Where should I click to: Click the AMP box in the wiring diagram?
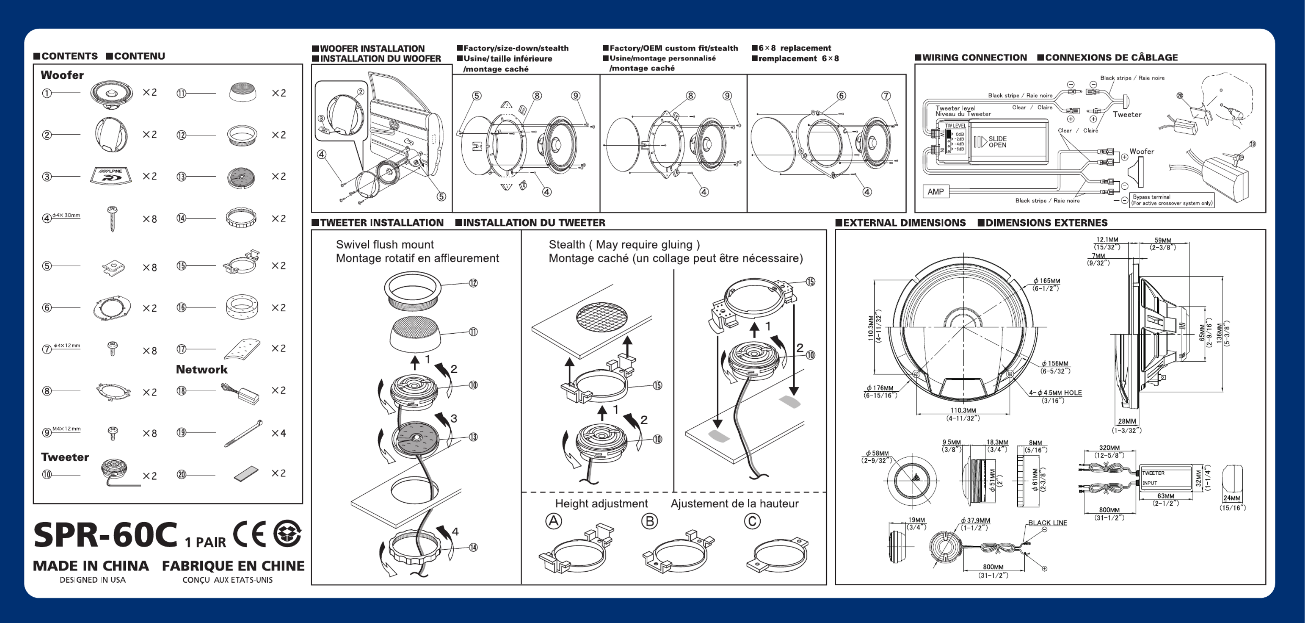coord(935,191)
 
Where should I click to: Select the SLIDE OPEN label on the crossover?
coord(997,142)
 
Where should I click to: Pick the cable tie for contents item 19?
coord(244,433)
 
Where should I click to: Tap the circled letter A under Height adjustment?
coord(554,521)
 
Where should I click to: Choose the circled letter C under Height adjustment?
coord(752,521)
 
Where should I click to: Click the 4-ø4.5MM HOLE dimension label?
coord(1056,393)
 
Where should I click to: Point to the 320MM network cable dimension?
coord(1109,448)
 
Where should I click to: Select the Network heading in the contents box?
coord(202,369)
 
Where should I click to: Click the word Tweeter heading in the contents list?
coord(65,457)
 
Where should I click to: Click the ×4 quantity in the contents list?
coord(279,433)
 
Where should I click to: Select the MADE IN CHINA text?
coord(91,566)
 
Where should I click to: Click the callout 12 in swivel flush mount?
coord(473,283)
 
